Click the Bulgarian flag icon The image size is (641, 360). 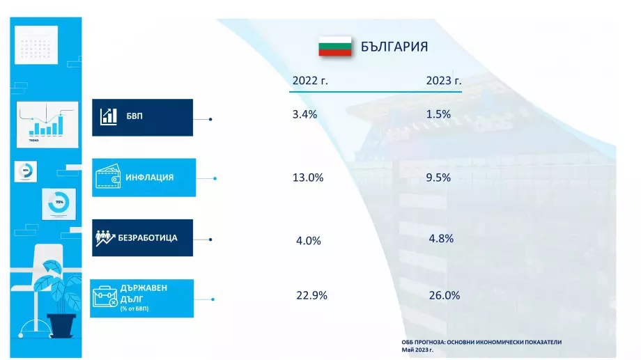(x=334, y=47)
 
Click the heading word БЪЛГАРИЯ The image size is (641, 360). (x=394, y=47)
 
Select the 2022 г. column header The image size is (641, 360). (x=310, y=81)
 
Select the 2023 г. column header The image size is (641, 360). (x=444, y=81)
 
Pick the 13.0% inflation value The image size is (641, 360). (x=308, y=178)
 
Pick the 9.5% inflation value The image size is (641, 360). (x=438, y=177)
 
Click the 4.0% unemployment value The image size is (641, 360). (x=308, y=241)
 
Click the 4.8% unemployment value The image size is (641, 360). (x=441, y=238)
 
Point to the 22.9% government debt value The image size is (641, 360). (x=311, y=295)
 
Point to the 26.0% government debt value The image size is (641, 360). (x=445, y=295)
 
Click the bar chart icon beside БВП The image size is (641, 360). (x=108, y=116)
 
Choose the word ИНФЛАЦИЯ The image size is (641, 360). (x=150, y=178)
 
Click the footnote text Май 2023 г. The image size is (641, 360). (x=417, y=350)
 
